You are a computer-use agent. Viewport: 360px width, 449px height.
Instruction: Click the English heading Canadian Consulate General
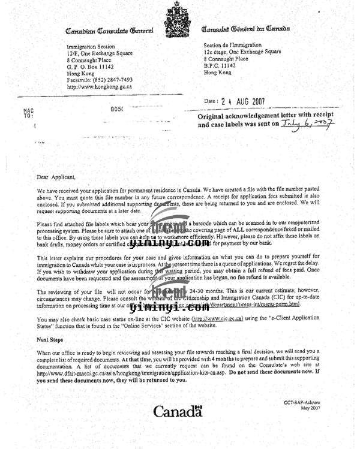[109, 30]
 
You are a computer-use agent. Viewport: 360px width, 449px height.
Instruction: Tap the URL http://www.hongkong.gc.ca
[100, 86]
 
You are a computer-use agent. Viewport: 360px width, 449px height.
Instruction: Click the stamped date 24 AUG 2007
[244, 101]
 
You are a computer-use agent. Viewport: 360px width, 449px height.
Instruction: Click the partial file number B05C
[117, 109]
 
